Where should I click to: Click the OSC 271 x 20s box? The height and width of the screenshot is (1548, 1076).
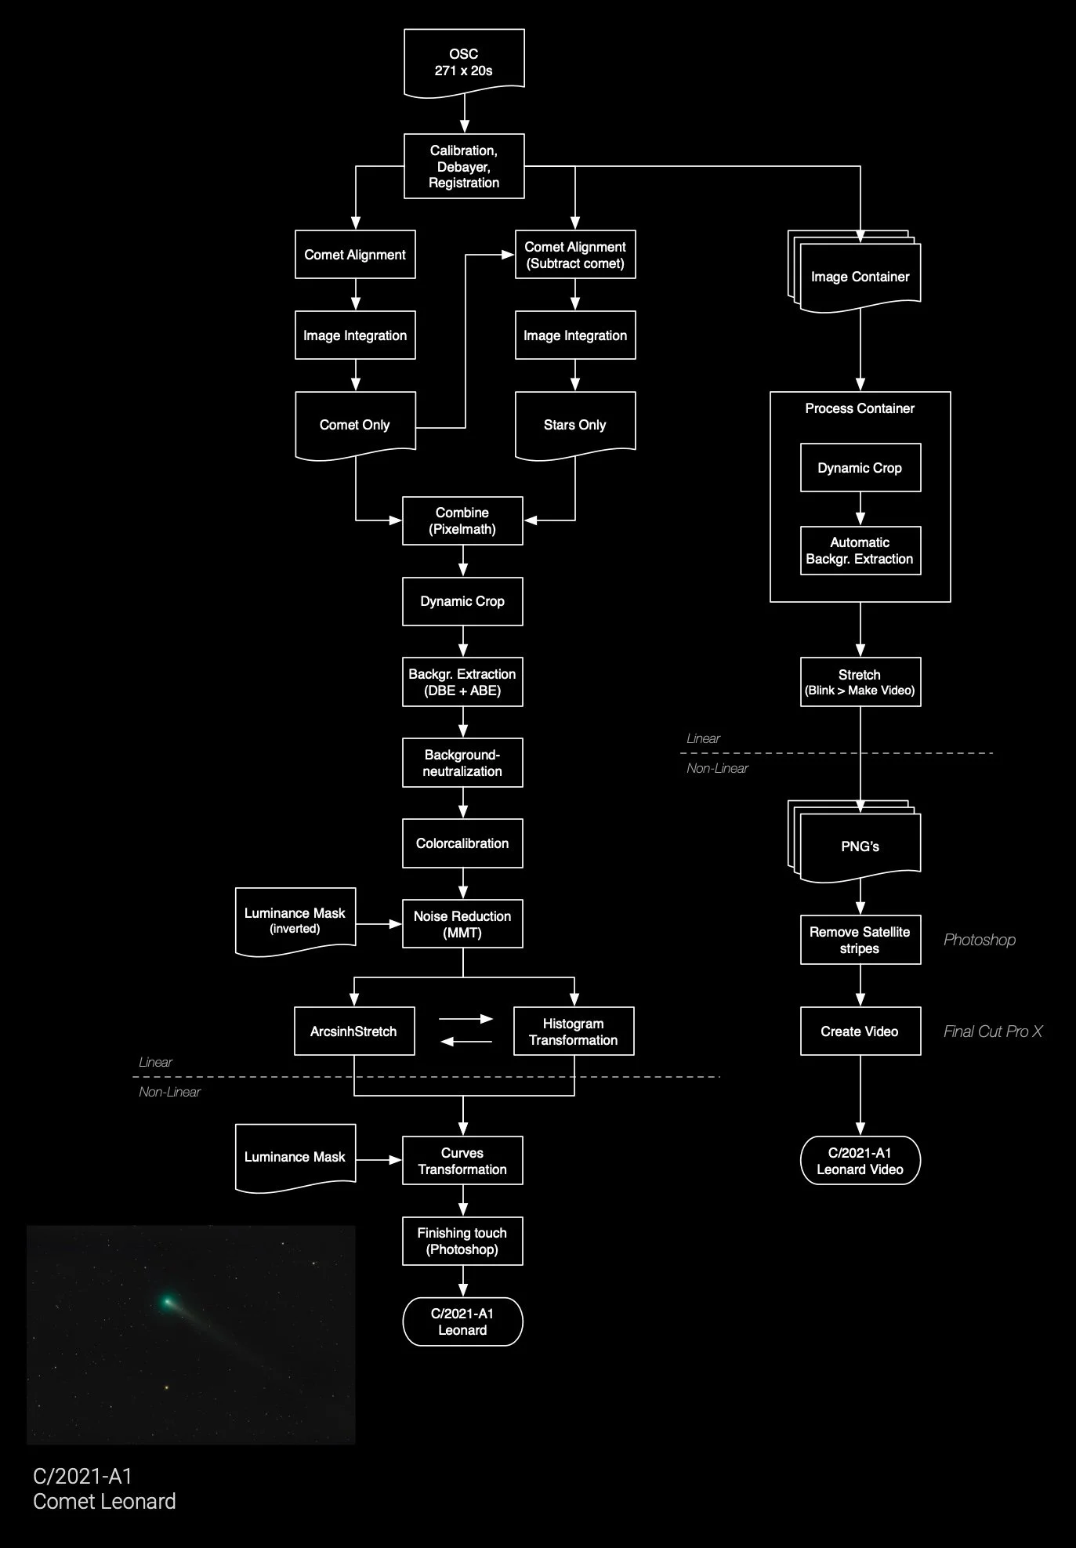click(464, 62)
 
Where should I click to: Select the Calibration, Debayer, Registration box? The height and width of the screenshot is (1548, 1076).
click(464, 166)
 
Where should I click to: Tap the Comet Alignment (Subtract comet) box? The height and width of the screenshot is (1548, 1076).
click(575, 255)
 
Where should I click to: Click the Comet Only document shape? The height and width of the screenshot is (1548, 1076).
click(355, 424)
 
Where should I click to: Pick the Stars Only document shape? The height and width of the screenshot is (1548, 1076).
click(575, 424)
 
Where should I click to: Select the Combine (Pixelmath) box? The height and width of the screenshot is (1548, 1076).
click(462, 520)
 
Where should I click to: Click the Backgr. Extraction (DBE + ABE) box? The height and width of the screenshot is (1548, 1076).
click(462, 682)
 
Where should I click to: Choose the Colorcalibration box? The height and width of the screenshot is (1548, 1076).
click(462, 843)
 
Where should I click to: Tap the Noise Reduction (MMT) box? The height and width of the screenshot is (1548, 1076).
click(462, 924)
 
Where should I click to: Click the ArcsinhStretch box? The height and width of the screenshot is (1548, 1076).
click(354, 1031)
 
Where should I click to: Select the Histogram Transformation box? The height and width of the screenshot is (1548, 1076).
click(574, 1031)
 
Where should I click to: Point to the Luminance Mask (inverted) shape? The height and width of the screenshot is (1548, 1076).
click(295, 920)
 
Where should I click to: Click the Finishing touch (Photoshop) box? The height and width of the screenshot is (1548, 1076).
click(462, 1241)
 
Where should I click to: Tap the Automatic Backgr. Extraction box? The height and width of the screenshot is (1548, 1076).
click(860, 550)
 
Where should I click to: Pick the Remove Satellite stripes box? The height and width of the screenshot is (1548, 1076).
click(860, 940)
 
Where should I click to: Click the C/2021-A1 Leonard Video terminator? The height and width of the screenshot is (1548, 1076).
click(860, 1161)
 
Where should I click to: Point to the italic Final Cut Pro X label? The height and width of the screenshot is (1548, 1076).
click(993, 1031)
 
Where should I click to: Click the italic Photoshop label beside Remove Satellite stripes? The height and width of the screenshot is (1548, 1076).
click(980, 940)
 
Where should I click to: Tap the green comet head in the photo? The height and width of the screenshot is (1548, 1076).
click(167, 1302)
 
